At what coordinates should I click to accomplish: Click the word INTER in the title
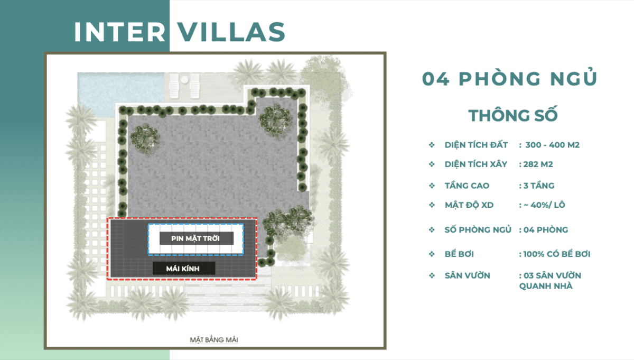(119, 32)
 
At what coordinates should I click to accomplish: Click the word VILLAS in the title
(231, 32)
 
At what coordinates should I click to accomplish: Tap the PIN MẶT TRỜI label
(195, 238)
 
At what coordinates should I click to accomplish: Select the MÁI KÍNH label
(183, 269)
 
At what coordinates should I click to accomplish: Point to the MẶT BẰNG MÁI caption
(213, 339)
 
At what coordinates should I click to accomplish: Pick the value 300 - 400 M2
(552, 145)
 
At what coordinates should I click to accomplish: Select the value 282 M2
(538, 164)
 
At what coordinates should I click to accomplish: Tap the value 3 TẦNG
(538, 186)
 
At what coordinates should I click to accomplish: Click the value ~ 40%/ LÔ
(544, 205)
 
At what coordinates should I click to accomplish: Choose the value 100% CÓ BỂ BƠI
(557, 254)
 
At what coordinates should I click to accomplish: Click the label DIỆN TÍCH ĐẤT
(476, 145)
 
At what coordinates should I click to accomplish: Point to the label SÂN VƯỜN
(467, 275)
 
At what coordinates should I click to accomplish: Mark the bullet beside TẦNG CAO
(432, 186)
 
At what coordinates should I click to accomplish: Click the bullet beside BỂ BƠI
(432, 254)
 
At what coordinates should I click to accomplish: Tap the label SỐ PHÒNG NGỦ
(478, 229)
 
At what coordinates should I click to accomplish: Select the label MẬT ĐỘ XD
(469, 205)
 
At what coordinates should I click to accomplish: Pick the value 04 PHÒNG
(546, 229)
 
